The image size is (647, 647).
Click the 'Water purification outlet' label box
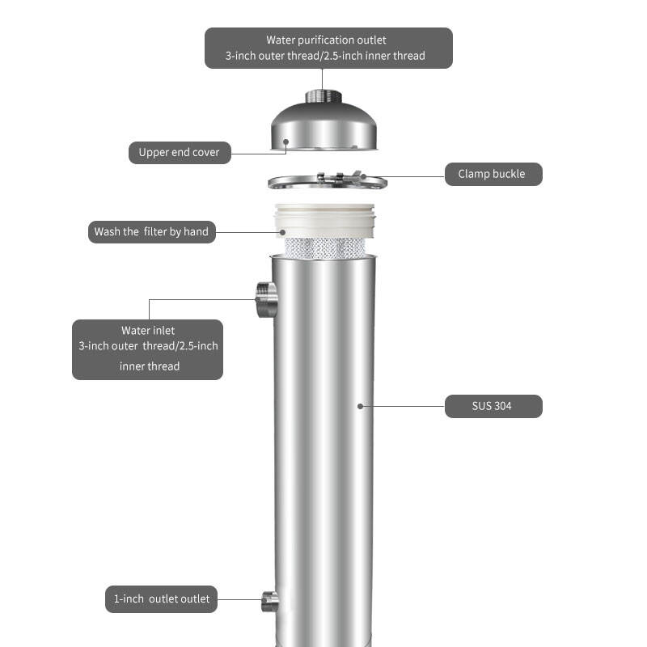tap(328, 48)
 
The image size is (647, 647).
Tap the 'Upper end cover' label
tap(180, 153)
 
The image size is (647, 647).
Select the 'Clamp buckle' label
tap(493, 174)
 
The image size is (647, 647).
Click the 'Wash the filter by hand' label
tap(152, 232)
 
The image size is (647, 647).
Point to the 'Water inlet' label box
tap(147, 349)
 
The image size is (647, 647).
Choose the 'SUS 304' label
tap(493, 407)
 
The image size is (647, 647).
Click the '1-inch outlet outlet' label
tap(161, 599)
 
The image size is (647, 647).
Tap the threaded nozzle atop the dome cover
tap(323, 96)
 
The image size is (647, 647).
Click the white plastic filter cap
tap(325, 221)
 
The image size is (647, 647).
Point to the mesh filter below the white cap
tap(325, 248)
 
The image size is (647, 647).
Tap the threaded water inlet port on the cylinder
tap(267, 299)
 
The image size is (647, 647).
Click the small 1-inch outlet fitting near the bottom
tap(270, 602)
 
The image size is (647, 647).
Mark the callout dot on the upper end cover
tap(285, 142)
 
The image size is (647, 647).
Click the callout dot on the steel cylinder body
tap(360, 407)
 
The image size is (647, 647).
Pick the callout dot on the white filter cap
tap(282, 232)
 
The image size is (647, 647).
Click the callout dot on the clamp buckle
tap(363, 176)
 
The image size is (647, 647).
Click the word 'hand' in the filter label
tap(196, 231)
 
